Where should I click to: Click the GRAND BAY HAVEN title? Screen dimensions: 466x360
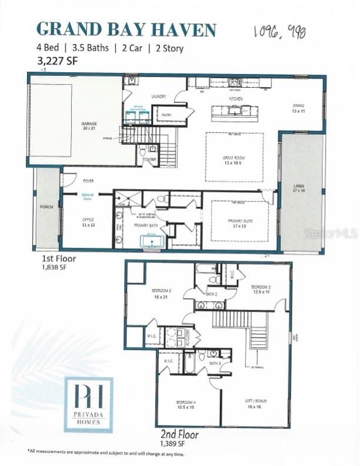point(126,29)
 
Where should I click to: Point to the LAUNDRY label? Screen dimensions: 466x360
point(158,96)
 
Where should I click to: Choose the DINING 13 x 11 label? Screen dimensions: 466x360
point(299,108)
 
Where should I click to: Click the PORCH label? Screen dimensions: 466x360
point(46,207)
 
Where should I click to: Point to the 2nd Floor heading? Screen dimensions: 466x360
point(179,435)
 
